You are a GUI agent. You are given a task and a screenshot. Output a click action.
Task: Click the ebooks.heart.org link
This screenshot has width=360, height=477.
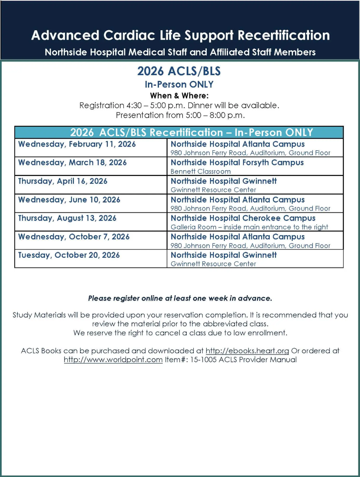click(x=247, y=351)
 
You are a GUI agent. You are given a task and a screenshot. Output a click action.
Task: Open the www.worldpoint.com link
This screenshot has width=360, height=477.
click(x=113, y=360)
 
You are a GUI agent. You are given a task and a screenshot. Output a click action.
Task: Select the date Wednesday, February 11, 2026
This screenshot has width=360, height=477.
click(x=77, y=144)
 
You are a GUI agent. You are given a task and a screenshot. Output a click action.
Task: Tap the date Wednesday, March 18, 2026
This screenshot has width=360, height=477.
click(x=72, y=163)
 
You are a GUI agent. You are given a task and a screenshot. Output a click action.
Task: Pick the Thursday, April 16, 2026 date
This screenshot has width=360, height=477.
click(x=63, y=181)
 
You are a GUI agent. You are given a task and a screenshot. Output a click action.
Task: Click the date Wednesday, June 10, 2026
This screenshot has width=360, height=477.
click(x=69, y=200)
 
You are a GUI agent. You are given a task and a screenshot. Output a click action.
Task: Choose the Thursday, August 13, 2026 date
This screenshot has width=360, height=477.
click(x=67, y=218)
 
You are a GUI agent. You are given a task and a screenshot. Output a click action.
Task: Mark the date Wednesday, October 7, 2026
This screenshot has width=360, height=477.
click(x=74, y=237)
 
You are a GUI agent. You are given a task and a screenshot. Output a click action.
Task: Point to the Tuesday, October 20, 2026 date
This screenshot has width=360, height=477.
click(x=69, y=255)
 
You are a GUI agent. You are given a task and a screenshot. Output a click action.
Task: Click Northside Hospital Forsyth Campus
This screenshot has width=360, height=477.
click(x=237, y=163)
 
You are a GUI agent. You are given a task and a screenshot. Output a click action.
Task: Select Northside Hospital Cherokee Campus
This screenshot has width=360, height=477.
click(x=243, y=218)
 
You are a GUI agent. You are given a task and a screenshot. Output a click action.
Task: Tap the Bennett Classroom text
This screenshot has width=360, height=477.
click(x=200, y=172)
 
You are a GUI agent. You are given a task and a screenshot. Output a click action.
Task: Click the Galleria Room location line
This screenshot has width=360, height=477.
click(x=249, y=227)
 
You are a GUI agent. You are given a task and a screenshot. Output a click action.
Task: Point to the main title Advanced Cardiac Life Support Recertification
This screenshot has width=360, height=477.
click(x=180, y=36)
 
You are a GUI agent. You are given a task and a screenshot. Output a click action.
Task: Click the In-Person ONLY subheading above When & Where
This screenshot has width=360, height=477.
click(x=179, y=85)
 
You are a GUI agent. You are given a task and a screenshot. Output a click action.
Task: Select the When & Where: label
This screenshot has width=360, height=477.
click(x=179, y=96)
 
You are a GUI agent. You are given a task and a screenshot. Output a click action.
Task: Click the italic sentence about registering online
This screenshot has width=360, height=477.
click(x=180, y=299)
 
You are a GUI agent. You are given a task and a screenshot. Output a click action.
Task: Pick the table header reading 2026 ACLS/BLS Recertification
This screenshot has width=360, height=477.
click(x=192, y=132)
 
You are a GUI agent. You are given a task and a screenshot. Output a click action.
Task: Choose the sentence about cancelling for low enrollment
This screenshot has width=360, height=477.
click(x=180, y=333)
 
